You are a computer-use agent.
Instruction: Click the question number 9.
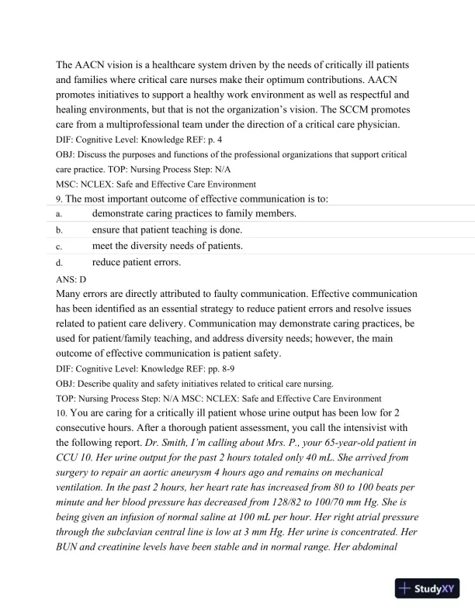(59, 199)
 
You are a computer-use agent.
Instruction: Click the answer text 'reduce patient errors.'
(137, 262)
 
